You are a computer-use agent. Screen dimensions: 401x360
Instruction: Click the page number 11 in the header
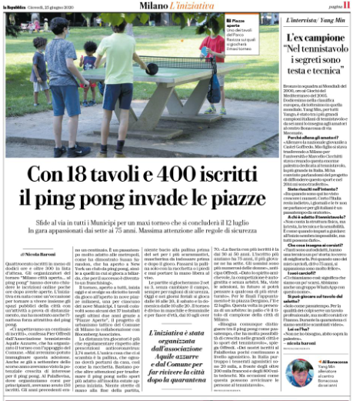point(348,6)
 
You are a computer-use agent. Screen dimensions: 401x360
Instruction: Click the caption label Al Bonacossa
point(327,360)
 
